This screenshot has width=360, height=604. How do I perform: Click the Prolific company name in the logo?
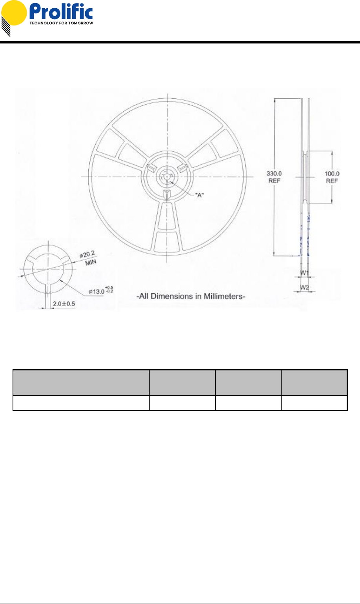pos(61,11)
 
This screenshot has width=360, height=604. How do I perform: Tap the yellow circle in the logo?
pos(14,13)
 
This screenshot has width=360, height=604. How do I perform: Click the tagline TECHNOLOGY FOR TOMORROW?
pos(61,23)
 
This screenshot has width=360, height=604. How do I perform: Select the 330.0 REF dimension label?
pos(274,177)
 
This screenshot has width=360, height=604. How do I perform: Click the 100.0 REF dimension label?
pos(332,177)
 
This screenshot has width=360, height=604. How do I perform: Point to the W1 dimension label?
pos(304,273)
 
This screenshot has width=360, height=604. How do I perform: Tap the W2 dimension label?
pos(304,287)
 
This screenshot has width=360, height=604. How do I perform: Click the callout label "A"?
pos(200,195)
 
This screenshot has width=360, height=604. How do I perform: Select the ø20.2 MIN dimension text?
pos(88,258)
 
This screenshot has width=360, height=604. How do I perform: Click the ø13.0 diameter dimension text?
pos(101,290)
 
